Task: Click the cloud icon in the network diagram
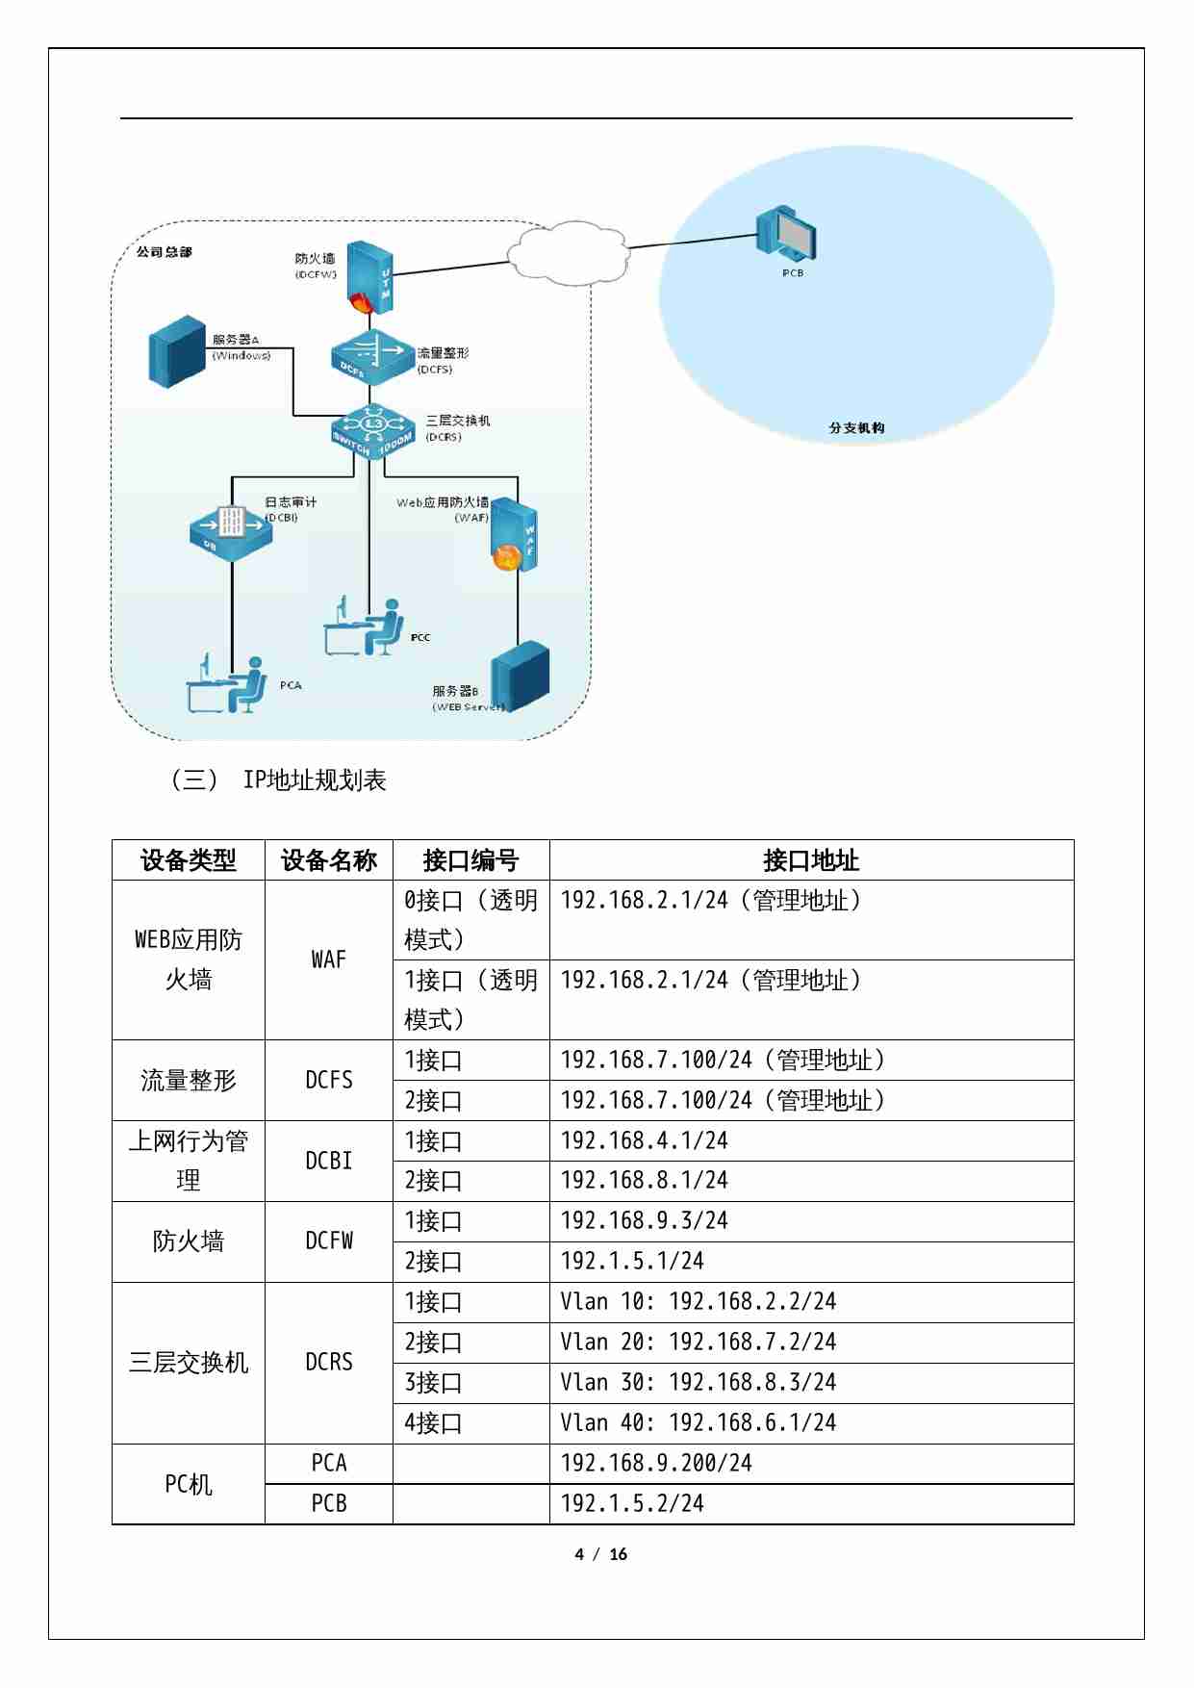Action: tap(567, 253)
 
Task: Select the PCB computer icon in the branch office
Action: tap(786, 234)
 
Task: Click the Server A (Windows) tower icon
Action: tap(178, 351)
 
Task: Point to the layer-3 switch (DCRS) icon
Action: tap(373, 430)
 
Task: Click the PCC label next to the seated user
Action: tap(420, 637)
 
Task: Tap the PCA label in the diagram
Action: tap(291, 685)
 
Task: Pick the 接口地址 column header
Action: tap(810, 859)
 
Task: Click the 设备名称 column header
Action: tap(328, 859)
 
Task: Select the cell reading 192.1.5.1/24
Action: tap(632, 1261)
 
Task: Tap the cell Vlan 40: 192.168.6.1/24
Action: tap(698, 1422)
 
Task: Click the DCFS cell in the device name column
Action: tap(328, 1080)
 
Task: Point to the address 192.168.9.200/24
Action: tap(656, 1463)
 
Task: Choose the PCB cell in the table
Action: tap(328, 1503)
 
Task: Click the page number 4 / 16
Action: tap(600, 1554)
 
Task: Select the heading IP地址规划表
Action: tap(314, 780)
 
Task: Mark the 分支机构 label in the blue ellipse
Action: tap(856, 427)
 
